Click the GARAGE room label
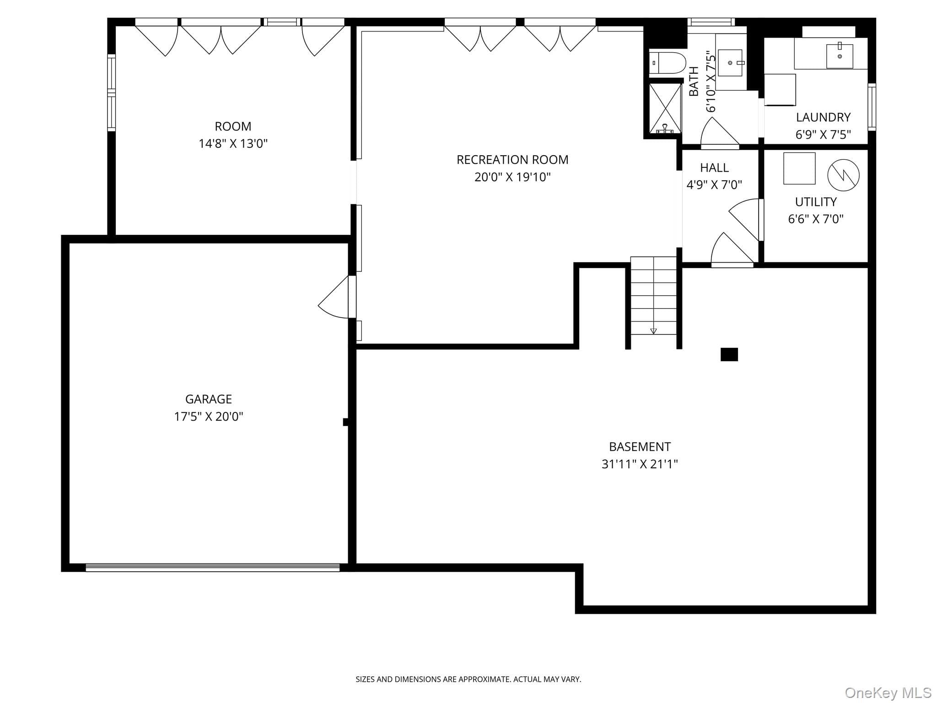pyautogui.click(x=208, y=399)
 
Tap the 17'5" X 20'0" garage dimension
pyautogui.click(x=208, y=416)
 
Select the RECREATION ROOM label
pyautogui.click(x=512, y=160)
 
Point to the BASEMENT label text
pyautogui.click(x=640, y=447)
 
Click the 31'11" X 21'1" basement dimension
pyautogui.click(x=640, y=464)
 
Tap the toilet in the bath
pyautogui.click(x=668, y=63)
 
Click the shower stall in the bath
pyautogui.click(x=665, y=108)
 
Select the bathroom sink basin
pyautogui.click(x=730, y=63)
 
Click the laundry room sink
pyautogui.click(x=840, y=56)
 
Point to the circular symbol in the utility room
pyautogui.click(x=843, y=175)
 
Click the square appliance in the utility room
pyautogui.click(x=799, y=168)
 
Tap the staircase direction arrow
pyautogui.click(x=653, y=330)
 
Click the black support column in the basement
pyautogui.click(x=729, y=355)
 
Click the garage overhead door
pyautogui.click(x=213, y=568)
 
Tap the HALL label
pyautogui.click(x=714, y=168)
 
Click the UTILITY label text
pyautogui.click(x=816, y=202)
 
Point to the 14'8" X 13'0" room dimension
pyautogui.click(x=233, y=144)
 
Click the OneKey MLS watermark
pyautogui.click(x=888, y=692)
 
